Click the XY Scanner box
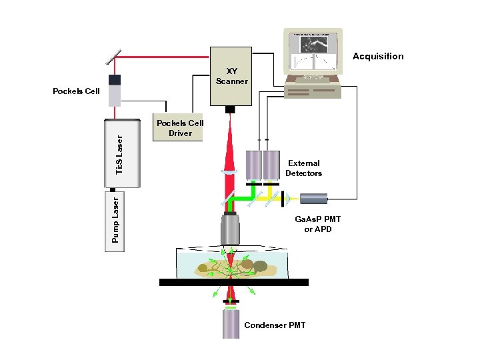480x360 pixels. (231, 76)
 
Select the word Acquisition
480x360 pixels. (378, 57)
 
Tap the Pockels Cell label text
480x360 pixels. (76, 91)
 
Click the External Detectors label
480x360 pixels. (303, 168)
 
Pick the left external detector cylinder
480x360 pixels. (254, 165)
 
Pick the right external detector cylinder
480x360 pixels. (271, 165)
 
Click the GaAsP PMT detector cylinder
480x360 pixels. (313, 198)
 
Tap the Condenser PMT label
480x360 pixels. (275, 325)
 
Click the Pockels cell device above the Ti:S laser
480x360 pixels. (115, 90)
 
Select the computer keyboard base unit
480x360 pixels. (313, 89)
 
